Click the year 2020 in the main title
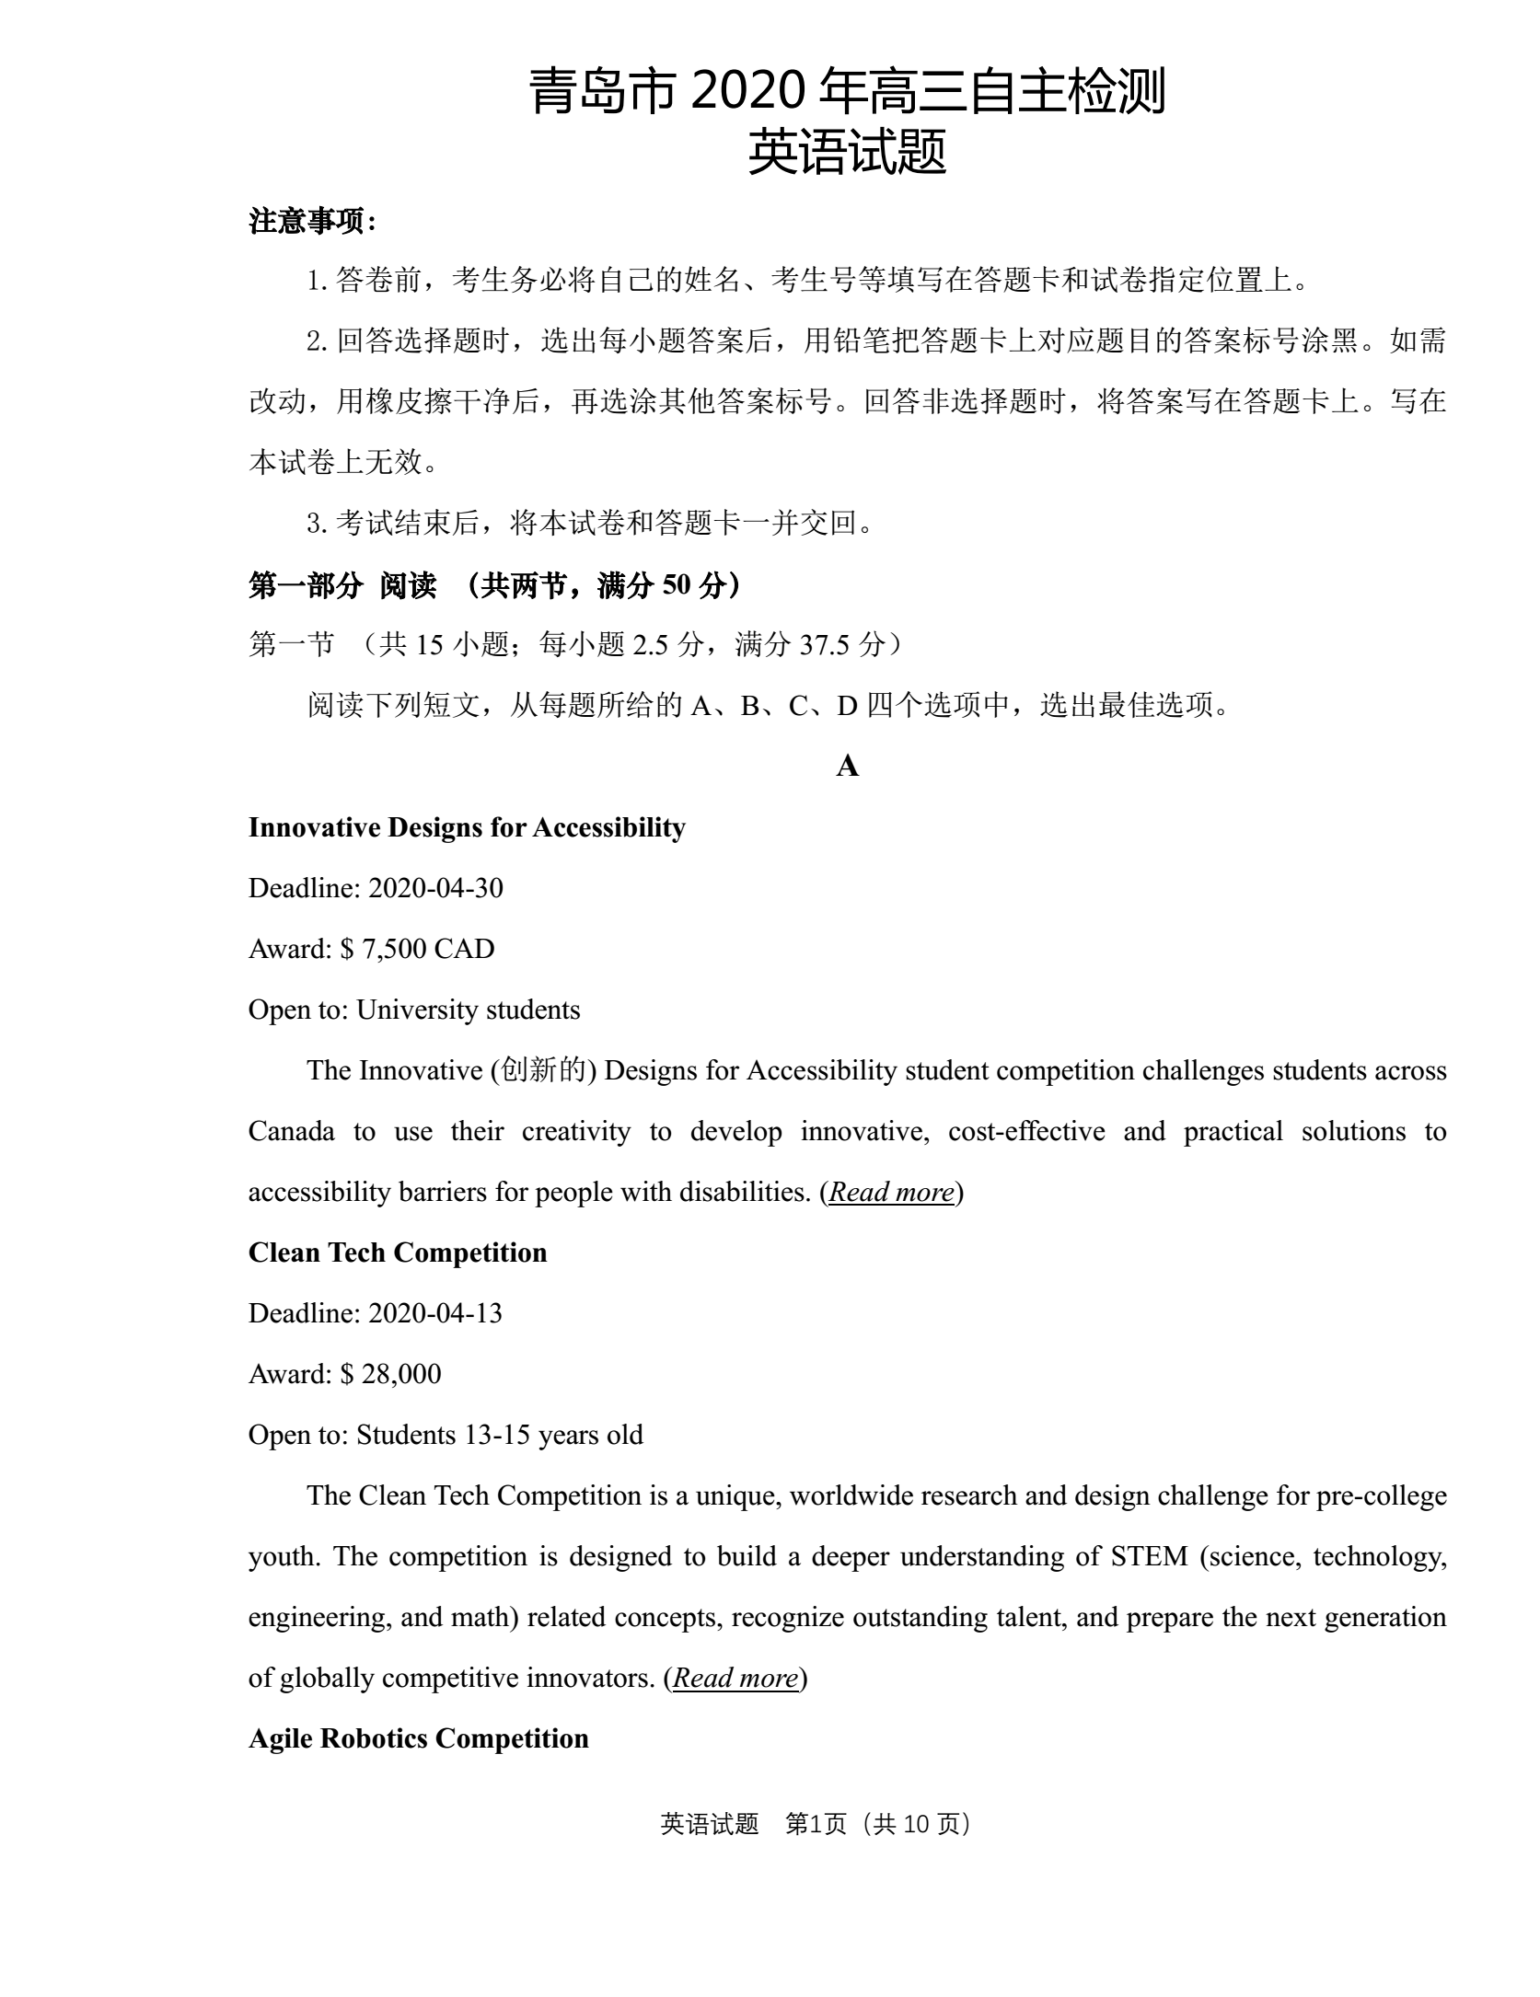pos(745,92)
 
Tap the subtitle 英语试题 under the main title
pos(847,153)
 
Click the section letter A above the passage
pos(847,767)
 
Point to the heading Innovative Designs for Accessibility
pos(467,827)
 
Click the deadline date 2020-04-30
pos(435,888)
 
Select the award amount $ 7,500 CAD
pos(417,949)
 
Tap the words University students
pos(468,1010)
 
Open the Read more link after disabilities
pos(891,1192)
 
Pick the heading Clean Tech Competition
pos(398,1252)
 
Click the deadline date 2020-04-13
pos(435,1313)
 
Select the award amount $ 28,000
pos(390,1374)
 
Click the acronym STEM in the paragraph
pos(1149,1556)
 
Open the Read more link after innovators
pos(735,1678)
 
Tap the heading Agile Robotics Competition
pos(418,1738)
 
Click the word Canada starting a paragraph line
pos(291,1131)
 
